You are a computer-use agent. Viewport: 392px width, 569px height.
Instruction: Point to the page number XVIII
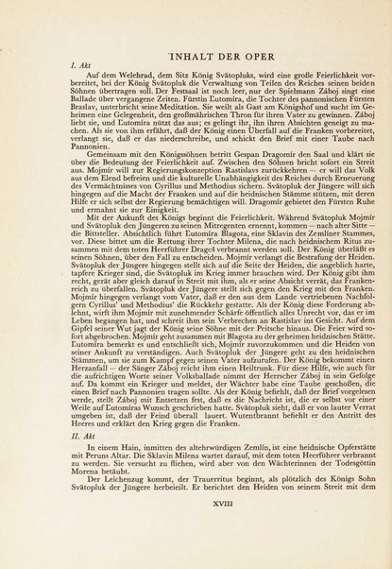(196, 533)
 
